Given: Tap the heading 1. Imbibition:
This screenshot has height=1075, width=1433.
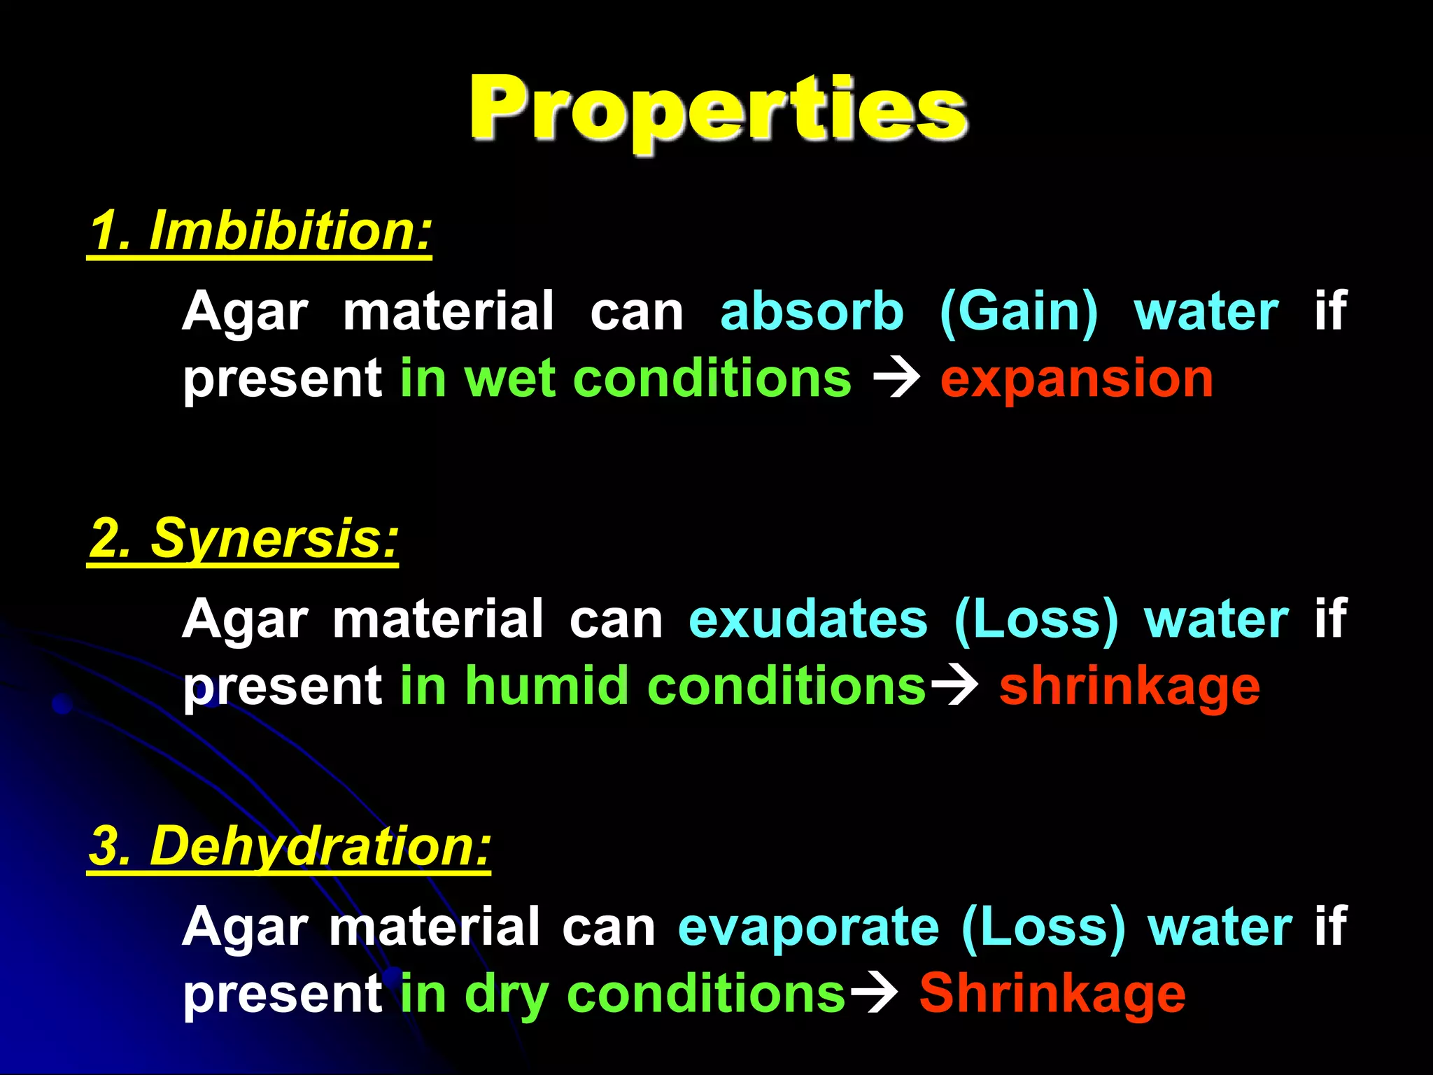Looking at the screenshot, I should point(260,231).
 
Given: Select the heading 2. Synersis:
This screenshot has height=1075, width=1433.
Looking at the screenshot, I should point(243,539).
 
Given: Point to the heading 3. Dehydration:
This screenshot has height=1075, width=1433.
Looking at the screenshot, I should point(290,846).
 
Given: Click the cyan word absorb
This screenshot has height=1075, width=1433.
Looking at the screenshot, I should point(812,311).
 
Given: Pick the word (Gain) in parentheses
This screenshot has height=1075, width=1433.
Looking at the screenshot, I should point(1019,311).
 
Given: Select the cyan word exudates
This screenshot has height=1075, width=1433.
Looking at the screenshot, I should point(808,619).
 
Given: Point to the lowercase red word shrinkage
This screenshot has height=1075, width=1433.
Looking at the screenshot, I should point(1129,687).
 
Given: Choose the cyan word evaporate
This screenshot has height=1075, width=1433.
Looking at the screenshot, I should point(808,927).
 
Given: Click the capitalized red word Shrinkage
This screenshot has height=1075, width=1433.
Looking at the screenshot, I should point(1052,994).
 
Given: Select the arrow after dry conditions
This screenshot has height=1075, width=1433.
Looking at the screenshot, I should point(875,994).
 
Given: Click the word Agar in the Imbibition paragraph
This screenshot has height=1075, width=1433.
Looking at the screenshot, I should point(245,313).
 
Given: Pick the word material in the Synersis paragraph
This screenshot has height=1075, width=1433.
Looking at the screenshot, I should point(438,619).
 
